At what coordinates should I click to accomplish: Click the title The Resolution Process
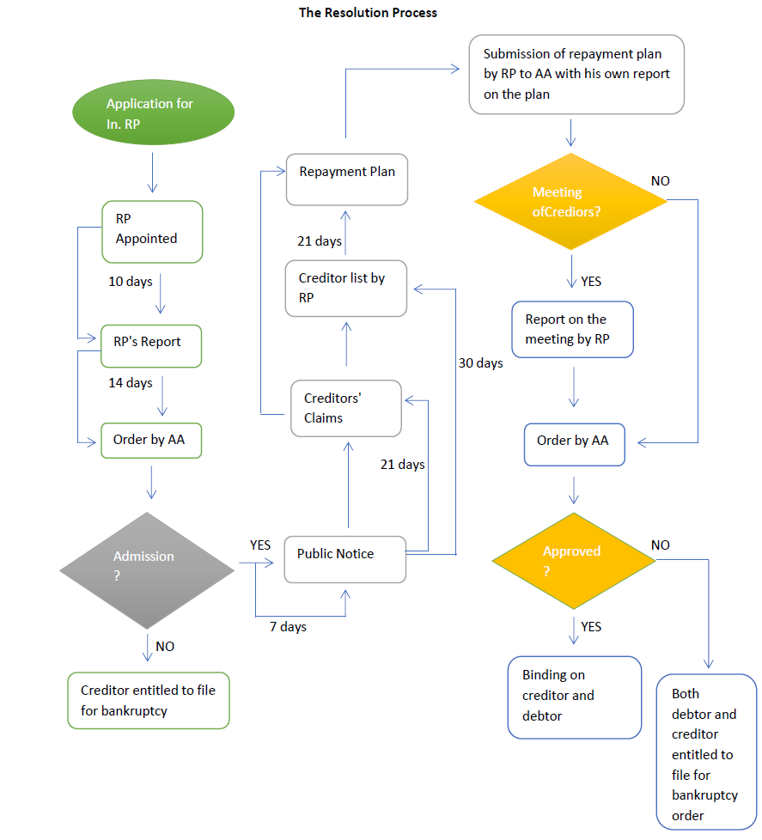(x=368, y=13)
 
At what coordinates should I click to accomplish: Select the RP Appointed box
(x=152, y=231)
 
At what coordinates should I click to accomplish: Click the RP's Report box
(x=151, y=346)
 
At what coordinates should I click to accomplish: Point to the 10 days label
(x=131, y=282)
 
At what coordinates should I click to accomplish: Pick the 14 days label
(x=131, y=383)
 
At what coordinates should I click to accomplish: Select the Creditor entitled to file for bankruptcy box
(x=149, y=700)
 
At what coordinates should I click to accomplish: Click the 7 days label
(x=288, y=627)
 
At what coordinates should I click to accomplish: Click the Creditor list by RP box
(x=346, y=288)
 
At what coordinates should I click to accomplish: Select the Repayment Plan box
(x=347, y=179)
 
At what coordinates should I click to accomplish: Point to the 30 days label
(x=480, y=363)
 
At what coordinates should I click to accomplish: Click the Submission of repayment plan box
(x=576, y=75)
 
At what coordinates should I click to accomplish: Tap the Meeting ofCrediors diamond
(x=570, y=202)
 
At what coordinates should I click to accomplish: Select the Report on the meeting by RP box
(x=572, y=330)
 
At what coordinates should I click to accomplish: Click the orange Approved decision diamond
(x=574, y=561)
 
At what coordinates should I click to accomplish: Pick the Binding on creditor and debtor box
(x=574, y=697)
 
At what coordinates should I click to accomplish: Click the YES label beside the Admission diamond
(x=260, y=545)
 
